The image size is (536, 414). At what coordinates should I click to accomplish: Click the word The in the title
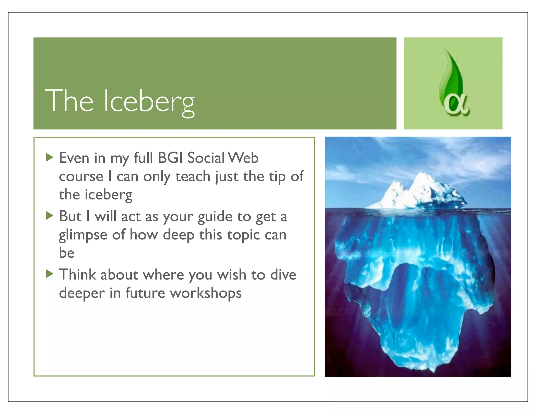click(x=69, y=101)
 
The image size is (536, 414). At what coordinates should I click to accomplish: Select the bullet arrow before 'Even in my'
click(x=49, y=158)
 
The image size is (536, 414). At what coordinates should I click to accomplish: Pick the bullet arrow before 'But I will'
click(x=49, y=216)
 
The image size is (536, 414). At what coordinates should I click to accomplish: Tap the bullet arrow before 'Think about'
click(x=49, y=274)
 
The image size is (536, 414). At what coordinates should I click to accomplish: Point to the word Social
click(x=206, y=158)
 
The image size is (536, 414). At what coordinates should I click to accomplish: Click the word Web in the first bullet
click(x=243, y=158)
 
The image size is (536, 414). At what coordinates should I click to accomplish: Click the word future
click(x=145, y=293)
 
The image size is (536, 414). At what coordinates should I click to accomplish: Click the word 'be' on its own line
click(x=67, y=253)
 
